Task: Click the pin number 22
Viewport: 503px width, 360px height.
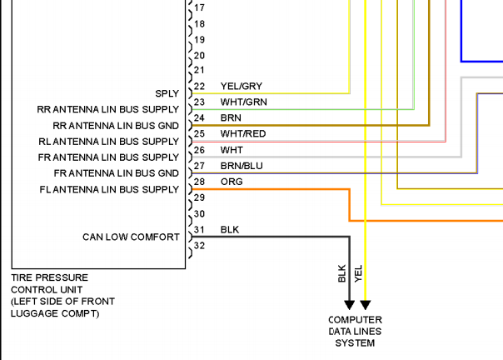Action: click(199, 86)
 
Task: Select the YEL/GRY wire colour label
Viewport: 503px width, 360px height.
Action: click(242, 86)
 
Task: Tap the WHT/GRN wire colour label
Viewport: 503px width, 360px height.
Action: click(243, 102)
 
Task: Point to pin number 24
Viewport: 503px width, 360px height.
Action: click(199, 117)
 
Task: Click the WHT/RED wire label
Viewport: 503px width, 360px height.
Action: click(243, 133)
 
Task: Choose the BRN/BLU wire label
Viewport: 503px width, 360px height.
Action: click(242, 166)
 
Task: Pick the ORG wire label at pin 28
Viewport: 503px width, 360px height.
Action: click(232, 182)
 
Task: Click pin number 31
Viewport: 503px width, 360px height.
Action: click(199, 230)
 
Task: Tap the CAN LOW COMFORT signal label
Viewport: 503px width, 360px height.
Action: click(131, 237)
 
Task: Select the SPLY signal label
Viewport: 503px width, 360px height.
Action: click(167, 93)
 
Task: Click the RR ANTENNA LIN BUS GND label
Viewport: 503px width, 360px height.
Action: click(116, 126)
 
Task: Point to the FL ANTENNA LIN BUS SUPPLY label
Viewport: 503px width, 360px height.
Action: click(109, 189)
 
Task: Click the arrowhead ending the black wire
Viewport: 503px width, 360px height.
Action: click(349, 304)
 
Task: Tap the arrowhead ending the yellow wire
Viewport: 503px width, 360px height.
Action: click(366, 304)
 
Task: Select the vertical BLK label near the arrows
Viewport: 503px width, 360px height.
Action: click(342, 273)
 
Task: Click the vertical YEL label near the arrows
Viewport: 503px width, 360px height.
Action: click(358, 273)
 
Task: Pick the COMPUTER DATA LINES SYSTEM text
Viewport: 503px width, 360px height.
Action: click(355, 332)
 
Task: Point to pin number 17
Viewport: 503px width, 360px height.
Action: click(199, 7)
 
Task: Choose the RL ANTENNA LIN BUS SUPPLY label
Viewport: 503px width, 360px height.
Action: click(108, 142)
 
